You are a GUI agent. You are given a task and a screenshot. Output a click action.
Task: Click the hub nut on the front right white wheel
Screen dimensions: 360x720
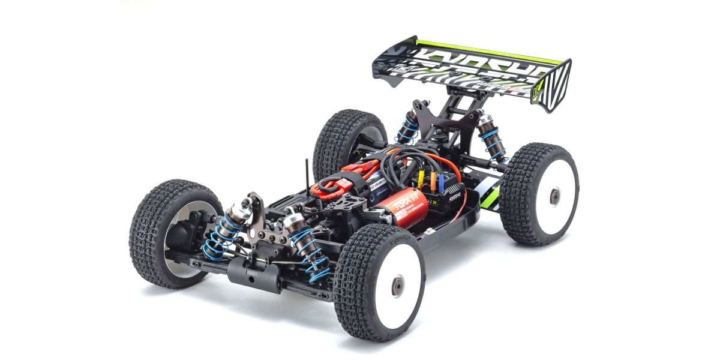click(397, 286)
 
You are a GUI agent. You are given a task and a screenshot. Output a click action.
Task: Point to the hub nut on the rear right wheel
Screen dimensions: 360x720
click(556, 196)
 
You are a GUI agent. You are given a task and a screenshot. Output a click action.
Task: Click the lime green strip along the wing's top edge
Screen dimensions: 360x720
click(492, 50)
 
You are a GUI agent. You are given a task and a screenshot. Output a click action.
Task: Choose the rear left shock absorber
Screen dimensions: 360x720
click(412, 127)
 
